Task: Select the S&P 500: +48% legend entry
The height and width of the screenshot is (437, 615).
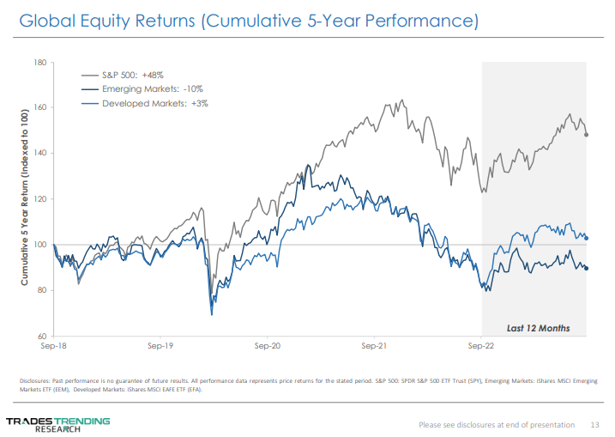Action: (x=140, y=75)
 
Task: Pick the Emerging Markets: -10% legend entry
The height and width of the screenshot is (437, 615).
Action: (x=152, y=88)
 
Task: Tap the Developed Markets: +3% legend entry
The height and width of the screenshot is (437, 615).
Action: (x=154, y=103)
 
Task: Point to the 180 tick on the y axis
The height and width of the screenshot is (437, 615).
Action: (x=40, y=63)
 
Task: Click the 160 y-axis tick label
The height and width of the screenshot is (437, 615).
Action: (x=40, y=108)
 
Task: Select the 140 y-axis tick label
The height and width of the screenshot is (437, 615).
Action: (x=40, y=154)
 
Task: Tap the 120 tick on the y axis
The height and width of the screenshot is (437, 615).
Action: (x=40, y=199)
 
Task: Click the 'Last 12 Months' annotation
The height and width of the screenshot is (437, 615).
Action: (x=538, y=327)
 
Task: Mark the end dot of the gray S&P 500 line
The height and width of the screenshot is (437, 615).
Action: (x=586, y=135)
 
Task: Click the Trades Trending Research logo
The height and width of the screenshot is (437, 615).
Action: (x=58, y=423)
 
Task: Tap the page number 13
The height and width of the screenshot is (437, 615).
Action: (x=594, y=424)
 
